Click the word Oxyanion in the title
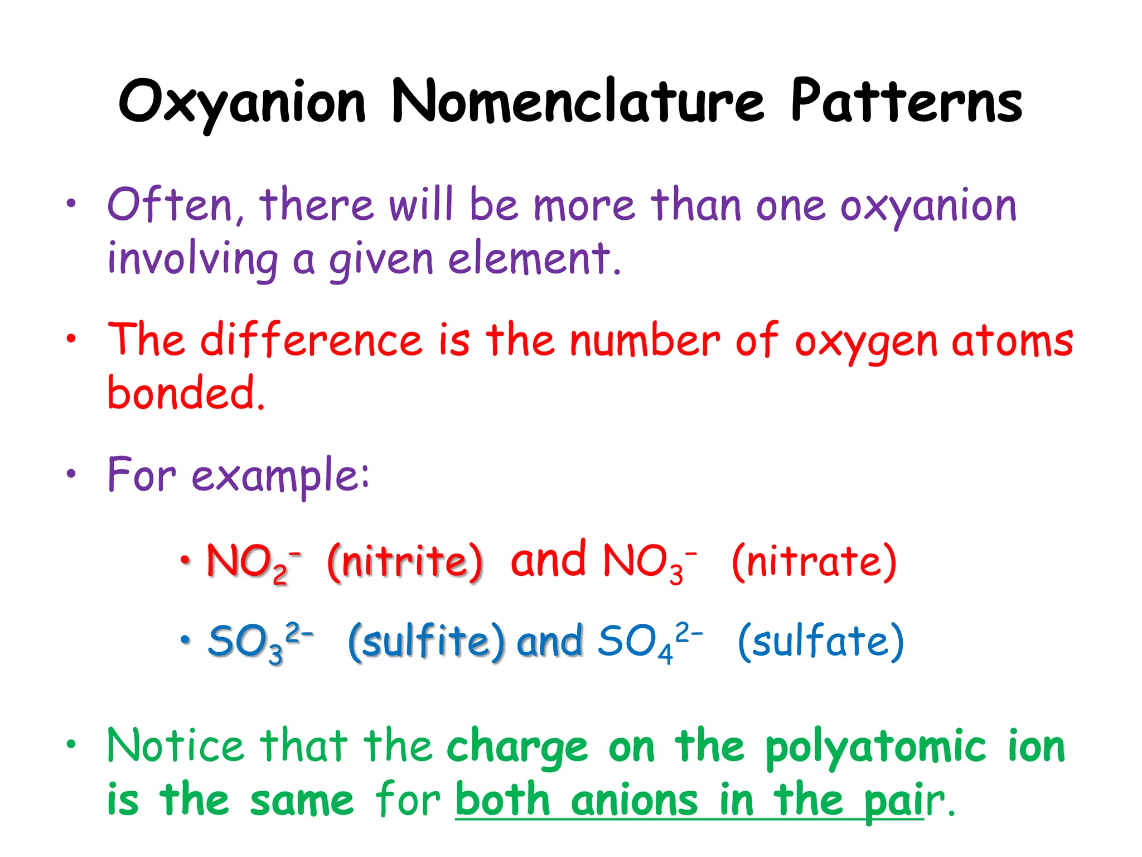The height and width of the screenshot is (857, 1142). coord(242,103)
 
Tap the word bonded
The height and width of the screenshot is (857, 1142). coord(184,393)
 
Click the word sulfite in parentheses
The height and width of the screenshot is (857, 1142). coord(427,642)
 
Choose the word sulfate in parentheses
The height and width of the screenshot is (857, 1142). coord(820,642)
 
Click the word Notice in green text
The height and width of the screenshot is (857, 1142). coord(176,747)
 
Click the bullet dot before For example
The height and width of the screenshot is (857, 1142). coord(71,474)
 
